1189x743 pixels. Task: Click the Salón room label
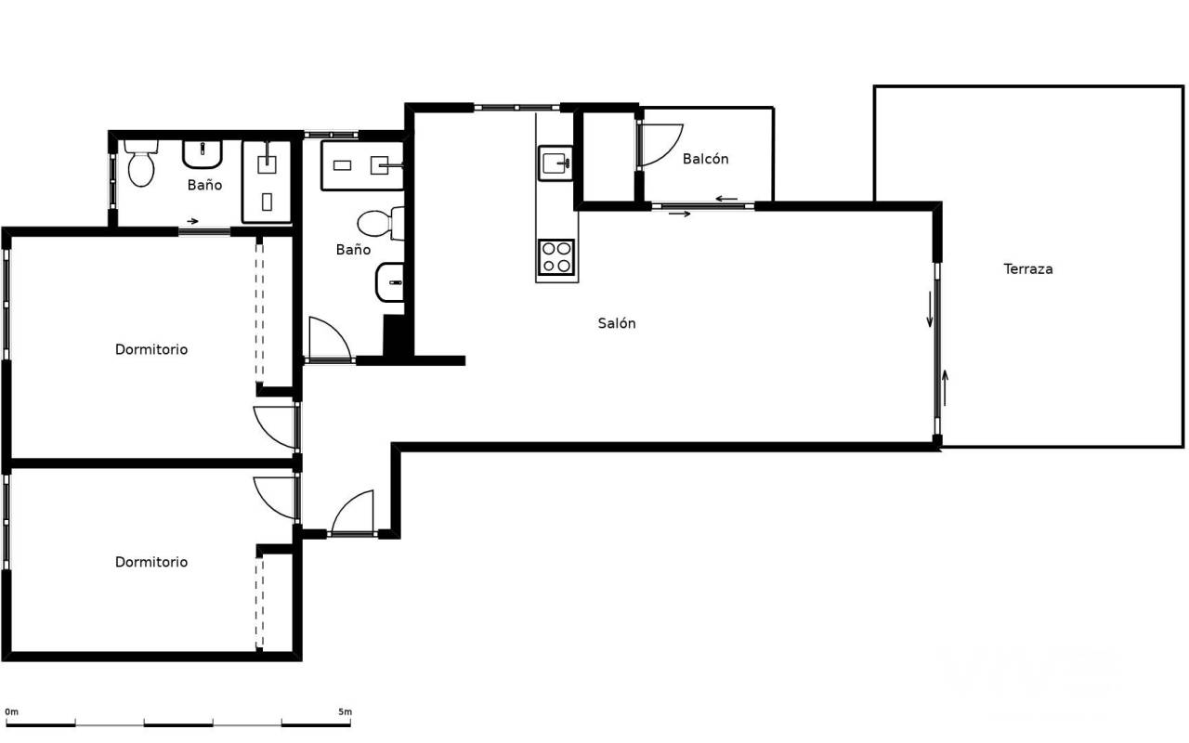616,323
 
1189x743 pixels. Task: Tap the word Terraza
1028,269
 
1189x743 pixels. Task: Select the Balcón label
705,159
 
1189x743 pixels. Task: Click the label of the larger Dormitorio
151,349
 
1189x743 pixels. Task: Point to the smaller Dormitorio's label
151,562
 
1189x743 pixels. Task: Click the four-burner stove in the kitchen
556,257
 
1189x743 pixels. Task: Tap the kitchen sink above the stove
555,163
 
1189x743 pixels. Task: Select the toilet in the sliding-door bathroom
141,163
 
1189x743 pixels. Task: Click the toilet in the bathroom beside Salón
381,224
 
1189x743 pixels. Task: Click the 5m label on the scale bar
345,711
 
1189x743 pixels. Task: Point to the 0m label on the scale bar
12,711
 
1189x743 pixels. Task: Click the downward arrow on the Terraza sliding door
930,309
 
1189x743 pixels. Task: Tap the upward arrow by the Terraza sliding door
945,388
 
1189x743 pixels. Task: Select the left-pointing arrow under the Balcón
726,199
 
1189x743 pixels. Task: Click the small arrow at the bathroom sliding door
192,221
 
